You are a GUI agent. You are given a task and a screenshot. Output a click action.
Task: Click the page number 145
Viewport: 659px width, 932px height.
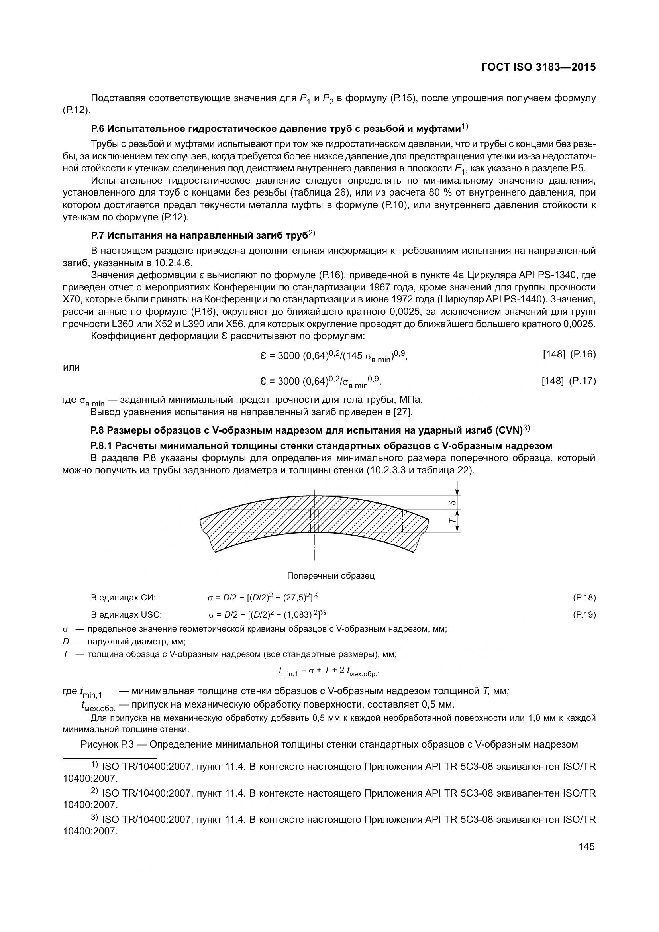pos(586,846)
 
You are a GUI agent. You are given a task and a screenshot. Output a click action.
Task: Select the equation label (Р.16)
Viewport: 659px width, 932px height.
pos(583,354)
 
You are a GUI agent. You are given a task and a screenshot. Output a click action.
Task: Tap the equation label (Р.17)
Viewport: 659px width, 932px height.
pos(583,381)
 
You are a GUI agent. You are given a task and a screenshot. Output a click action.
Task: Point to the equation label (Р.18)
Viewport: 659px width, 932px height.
pos(584,598)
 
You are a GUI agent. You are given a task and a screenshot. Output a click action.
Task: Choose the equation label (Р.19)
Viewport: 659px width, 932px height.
pos(584,614)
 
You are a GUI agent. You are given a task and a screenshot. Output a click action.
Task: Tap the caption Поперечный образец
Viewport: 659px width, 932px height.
pos(331,576)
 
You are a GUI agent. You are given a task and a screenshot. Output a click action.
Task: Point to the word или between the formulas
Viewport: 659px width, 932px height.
pos(71,367)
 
